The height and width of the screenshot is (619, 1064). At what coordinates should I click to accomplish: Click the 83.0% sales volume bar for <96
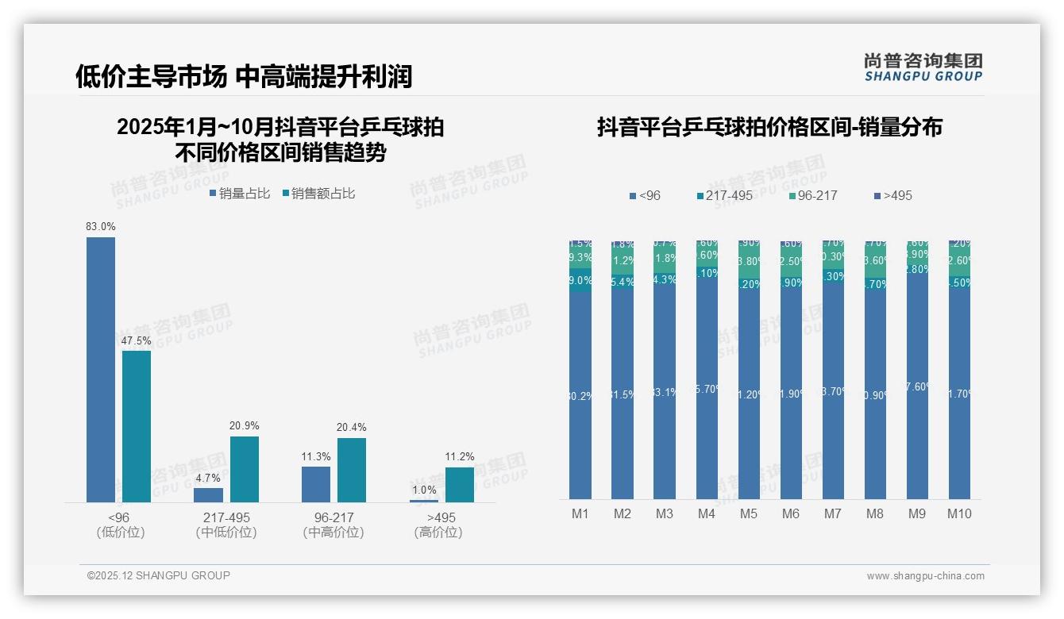[101, 369]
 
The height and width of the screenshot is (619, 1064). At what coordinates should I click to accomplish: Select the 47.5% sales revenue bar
[137, 426]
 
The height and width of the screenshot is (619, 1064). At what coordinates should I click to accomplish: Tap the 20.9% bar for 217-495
[245, 469]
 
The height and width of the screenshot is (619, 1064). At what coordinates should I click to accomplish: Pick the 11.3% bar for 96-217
[316, 484]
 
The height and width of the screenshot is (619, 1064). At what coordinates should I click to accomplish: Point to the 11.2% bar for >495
[460, 484]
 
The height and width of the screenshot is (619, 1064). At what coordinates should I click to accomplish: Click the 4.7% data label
[207, 478]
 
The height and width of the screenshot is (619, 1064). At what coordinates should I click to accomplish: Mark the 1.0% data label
[423, 490]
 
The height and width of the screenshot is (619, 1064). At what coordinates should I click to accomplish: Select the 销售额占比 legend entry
[318, 194]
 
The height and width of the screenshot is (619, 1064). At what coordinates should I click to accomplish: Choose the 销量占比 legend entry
[240, 194]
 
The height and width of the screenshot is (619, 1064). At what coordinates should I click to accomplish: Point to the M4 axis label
[707, 513]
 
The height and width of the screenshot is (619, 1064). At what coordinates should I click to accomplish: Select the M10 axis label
[959, 513]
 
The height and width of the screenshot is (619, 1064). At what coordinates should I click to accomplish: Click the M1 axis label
[580, 513]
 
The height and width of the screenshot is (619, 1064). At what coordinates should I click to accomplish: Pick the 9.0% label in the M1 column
[580, 280]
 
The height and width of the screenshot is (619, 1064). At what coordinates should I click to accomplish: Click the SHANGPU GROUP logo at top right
[923, 67]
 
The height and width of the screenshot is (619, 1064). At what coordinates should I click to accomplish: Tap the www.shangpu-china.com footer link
[925, 576]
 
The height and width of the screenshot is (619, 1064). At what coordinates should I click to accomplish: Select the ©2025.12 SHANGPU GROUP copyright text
[159, 575]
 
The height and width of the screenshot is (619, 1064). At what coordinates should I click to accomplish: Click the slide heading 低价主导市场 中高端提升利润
[244, 76]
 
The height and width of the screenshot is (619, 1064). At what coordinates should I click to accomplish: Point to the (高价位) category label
[438, 532]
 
